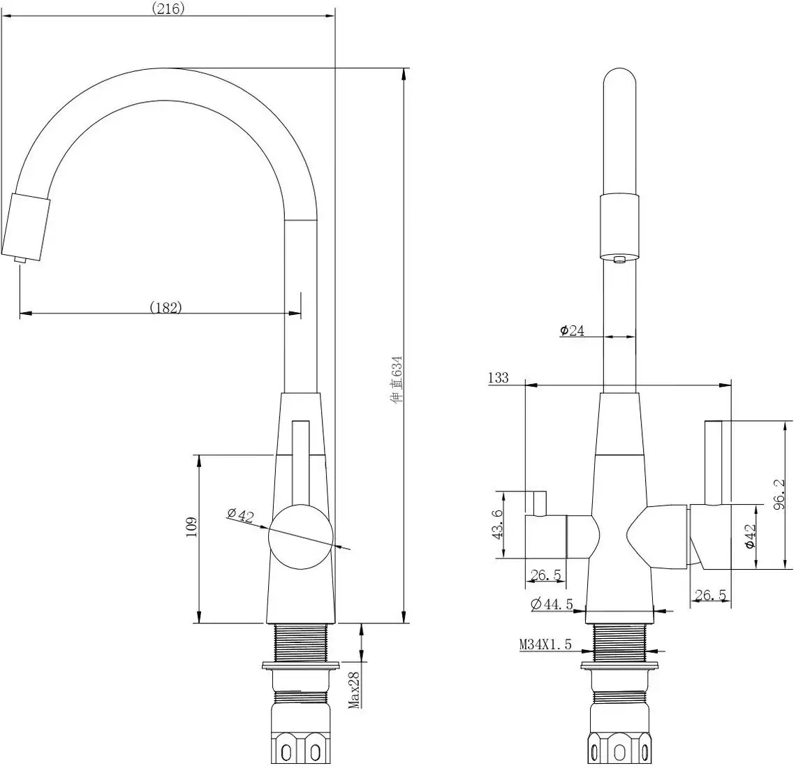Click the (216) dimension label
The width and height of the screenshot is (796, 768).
point(168,8)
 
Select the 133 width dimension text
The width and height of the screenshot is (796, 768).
point(499,378)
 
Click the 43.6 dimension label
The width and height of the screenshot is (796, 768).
point(498,524)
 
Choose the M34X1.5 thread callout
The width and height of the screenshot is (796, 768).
point(545,645)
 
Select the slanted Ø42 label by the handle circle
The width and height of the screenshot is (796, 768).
point(240,515)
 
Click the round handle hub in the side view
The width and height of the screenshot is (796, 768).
point(299,536)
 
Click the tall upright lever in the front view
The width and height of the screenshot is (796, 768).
point(713,461)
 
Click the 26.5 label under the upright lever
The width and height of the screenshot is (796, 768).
point(709,595)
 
